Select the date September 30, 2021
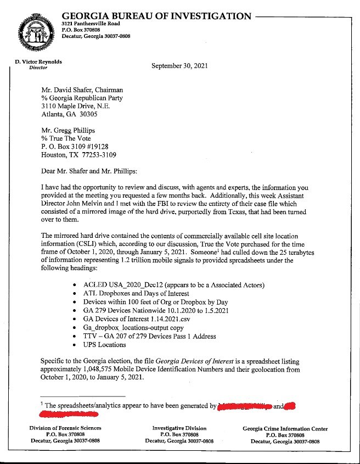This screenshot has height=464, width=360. pyautogui.click(x=179, y=66)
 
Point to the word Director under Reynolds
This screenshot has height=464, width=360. pyautogui.click(x=38, y=68)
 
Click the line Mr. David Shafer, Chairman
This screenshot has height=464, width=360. pyautogui.click(x=82, y=90)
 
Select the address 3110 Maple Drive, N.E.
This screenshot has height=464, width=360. pyautogui.click(x=75, y=107)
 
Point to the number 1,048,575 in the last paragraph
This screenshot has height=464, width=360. pyautogui.click(x=101, y=370)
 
